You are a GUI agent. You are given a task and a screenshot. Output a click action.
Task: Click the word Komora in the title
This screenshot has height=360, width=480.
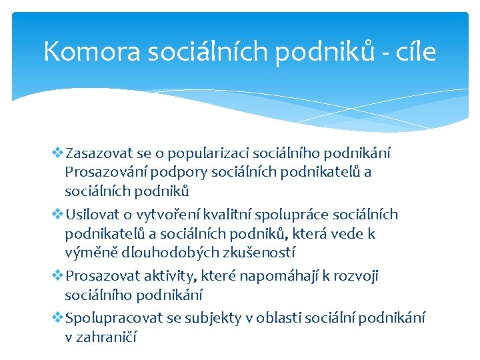pos(92,51)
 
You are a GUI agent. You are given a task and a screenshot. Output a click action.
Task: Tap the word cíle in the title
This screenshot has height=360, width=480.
pos(416,51)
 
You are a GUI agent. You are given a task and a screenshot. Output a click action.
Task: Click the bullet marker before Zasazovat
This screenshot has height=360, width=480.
pos(57,152)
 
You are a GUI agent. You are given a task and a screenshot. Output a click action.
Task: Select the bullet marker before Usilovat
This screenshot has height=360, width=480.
pos(57,214)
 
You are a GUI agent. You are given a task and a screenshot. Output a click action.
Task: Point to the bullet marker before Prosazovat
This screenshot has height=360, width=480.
pos(57,275)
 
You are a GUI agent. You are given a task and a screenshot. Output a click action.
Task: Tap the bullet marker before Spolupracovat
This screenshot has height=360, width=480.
pos(57,317)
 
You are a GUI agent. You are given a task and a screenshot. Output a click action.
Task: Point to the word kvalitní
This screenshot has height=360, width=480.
pos(227,214)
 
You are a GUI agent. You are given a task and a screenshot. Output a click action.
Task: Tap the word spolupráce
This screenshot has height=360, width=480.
pos(292,215)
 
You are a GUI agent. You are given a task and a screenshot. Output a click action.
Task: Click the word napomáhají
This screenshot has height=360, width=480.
pos(279,277)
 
